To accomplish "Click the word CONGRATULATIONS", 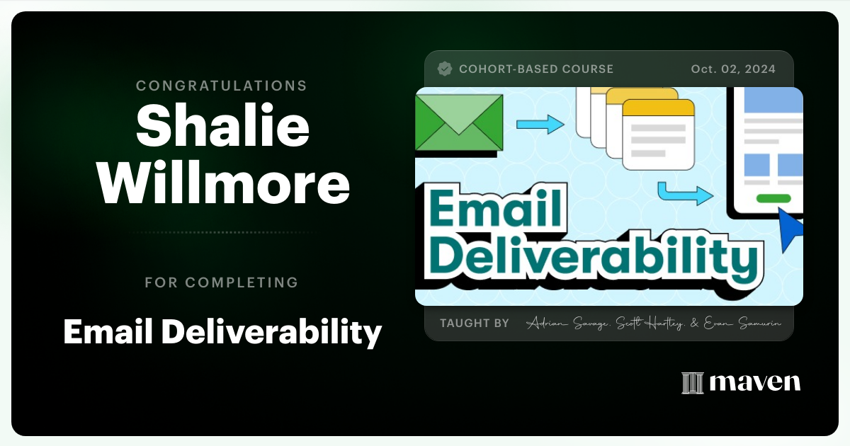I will click(222, 86).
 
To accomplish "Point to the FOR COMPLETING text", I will click(222, 282).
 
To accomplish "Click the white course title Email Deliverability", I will click(222, 331).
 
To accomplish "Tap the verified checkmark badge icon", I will click(445, 69).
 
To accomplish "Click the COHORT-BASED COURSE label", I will click(536, 69).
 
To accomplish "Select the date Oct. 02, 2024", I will click(733, 69).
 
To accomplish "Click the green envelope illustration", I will click(458, 123).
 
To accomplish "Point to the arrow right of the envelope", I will click(540, 125).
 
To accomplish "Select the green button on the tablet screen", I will click(773, 198).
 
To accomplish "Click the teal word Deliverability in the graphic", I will click(594, 258).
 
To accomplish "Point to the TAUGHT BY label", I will click(474, 323).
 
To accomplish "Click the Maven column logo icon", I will click(692, 383).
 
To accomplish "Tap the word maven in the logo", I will click(755, 383).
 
